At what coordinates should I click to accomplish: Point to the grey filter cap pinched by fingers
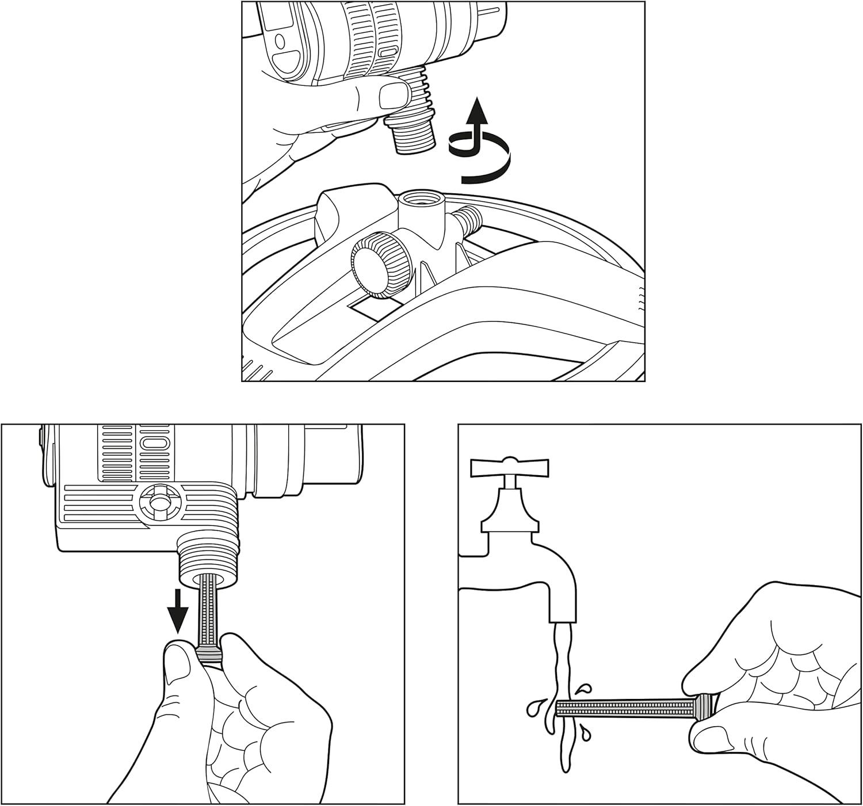[x=208, y=654]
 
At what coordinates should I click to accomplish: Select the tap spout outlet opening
[x=562, y=620]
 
